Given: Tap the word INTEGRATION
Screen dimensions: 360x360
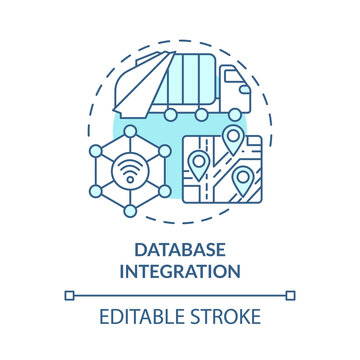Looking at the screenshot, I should tap(180, 270).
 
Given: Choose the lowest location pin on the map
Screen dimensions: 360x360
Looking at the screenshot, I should tap(242, 179).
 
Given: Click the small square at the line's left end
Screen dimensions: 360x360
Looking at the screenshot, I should tap(69, 295).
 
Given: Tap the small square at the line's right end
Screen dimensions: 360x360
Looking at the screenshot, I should tap(291, 295).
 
